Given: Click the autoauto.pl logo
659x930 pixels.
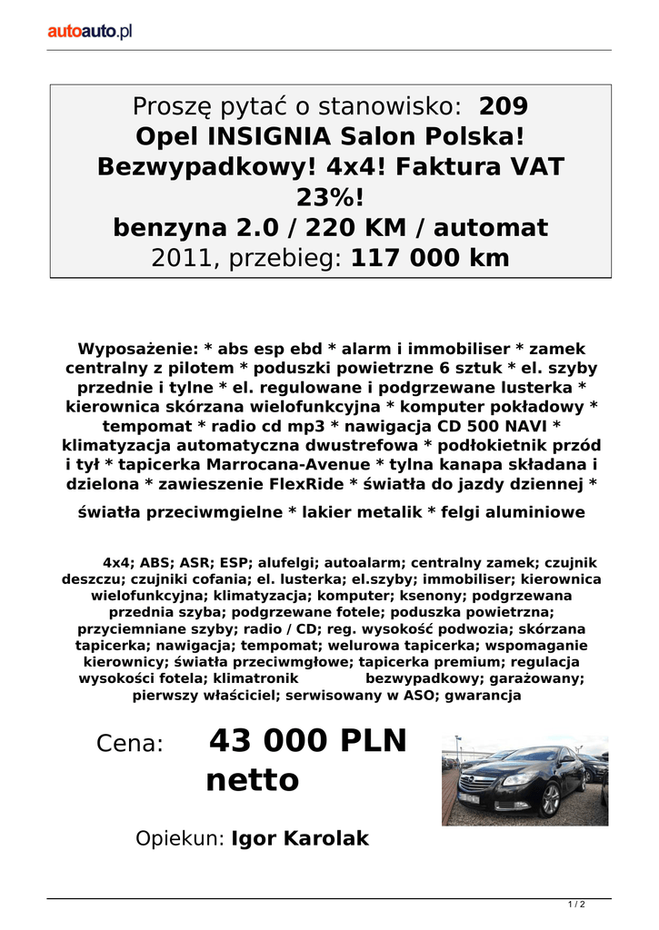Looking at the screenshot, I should click(90, 31).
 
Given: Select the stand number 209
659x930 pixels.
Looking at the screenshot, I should click(503, 106).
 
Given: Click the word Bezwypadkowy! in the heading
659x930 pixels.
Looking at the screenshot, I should click(195, 167).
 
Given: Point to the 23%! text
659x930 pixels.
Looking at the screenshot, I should click(330, 197).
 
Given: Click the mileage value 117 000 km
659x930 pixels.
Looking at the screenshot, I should click(430, 258).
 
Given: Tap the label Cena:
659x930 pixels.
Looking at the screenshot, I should click(129, 745).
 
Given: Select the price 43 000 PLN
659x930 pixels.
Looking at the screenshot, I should click(309, 742).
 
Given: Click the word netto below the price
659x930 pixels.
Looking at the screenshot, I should click(253, 779).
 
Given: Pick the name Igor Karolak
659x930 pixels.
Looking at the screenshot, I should click(300, 838).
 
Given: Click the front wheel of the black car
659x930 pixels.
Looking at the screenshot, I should click(550, 800).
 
